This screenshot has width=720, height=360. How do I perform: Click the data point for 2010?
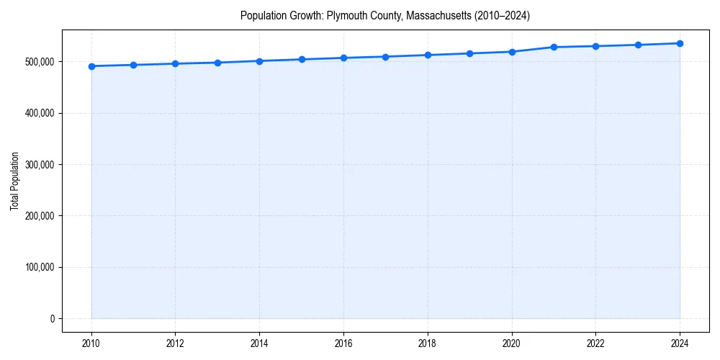[x=91, y=66]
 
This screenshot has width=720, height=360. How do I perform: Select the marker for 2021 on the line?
[x=554, y=47]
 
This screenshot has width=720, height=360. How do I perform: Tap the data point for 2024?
[x=680, y=43]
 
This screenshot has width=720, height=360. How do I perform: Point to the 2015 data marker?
[x=302, y=59]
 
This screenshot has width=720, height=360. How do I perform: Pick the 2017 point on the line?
[x=386, y=57]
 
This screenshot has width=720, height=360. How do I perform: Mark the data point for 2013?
[x=217, y=63]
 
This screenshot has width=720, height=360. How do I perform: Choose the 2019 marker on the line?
[x=469, y=53]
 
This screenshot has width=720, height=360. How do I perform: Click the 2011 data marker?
[x=133, y=65]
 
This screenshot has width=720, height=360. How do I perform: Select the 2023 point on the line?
[x=638, y=45]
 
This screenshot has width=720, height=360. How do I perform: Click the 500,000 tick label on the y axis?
[x=39, y=62]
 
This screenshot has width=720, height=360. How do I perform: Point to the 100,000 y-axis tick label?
[x=39, y=267]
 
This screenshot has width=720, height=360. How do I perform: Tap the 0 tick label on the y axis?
[x=51, y=319]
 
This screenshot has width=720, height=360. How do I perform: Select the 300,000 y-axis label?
[x=39, y=165]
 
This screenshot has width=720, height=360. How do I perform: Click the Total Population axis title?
[x=15, y=181]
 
